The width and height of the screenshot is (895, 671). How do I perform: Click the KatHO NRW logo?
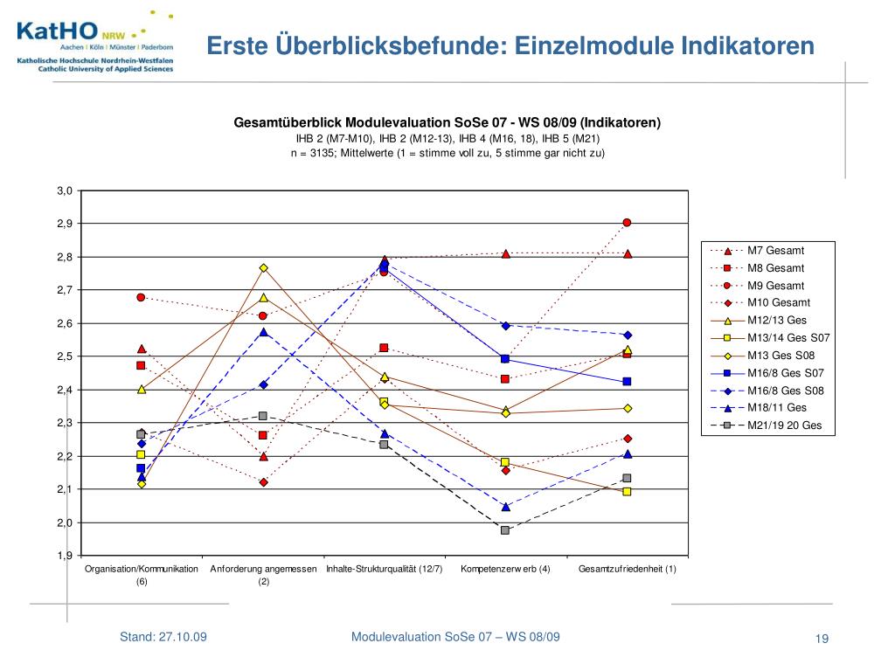(94, 40)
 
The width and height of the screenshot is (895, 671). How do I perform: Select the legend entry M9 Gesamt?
(776, 286)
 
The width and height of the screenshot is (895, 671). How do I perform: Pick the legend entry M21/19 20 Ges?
(785, 426)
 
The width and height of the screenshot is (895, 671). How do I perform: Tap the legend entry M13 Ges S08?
(781, 356)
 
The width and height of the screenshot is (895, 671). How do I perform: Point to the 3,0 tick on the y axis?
(65, 190)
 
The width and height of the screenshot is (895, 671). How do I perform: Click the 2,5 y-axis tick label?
(65, 356)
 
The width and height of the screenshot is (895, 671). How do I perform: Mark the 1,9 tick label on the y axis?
(65, 556)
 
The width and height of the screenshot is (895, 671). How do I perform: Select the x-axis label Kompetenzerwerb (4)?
(505, 570)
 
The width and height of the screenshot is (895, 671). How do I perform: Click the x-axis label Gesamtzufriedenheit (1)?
(628, 570)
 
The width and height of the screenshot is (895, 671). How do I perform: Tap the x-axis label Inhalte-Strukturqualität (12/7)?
(384, 570)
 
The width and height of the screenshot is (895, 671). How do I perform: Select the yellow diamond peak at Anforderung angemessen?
(263, 268)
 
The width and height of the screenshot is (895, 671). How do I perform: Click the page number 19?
(821, 640)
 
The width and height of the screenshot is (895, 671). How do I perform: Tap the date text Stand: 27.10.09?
(163, 637)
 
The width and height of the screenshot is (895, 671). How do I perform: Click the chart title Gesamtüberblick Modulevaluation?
(447, 122)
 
